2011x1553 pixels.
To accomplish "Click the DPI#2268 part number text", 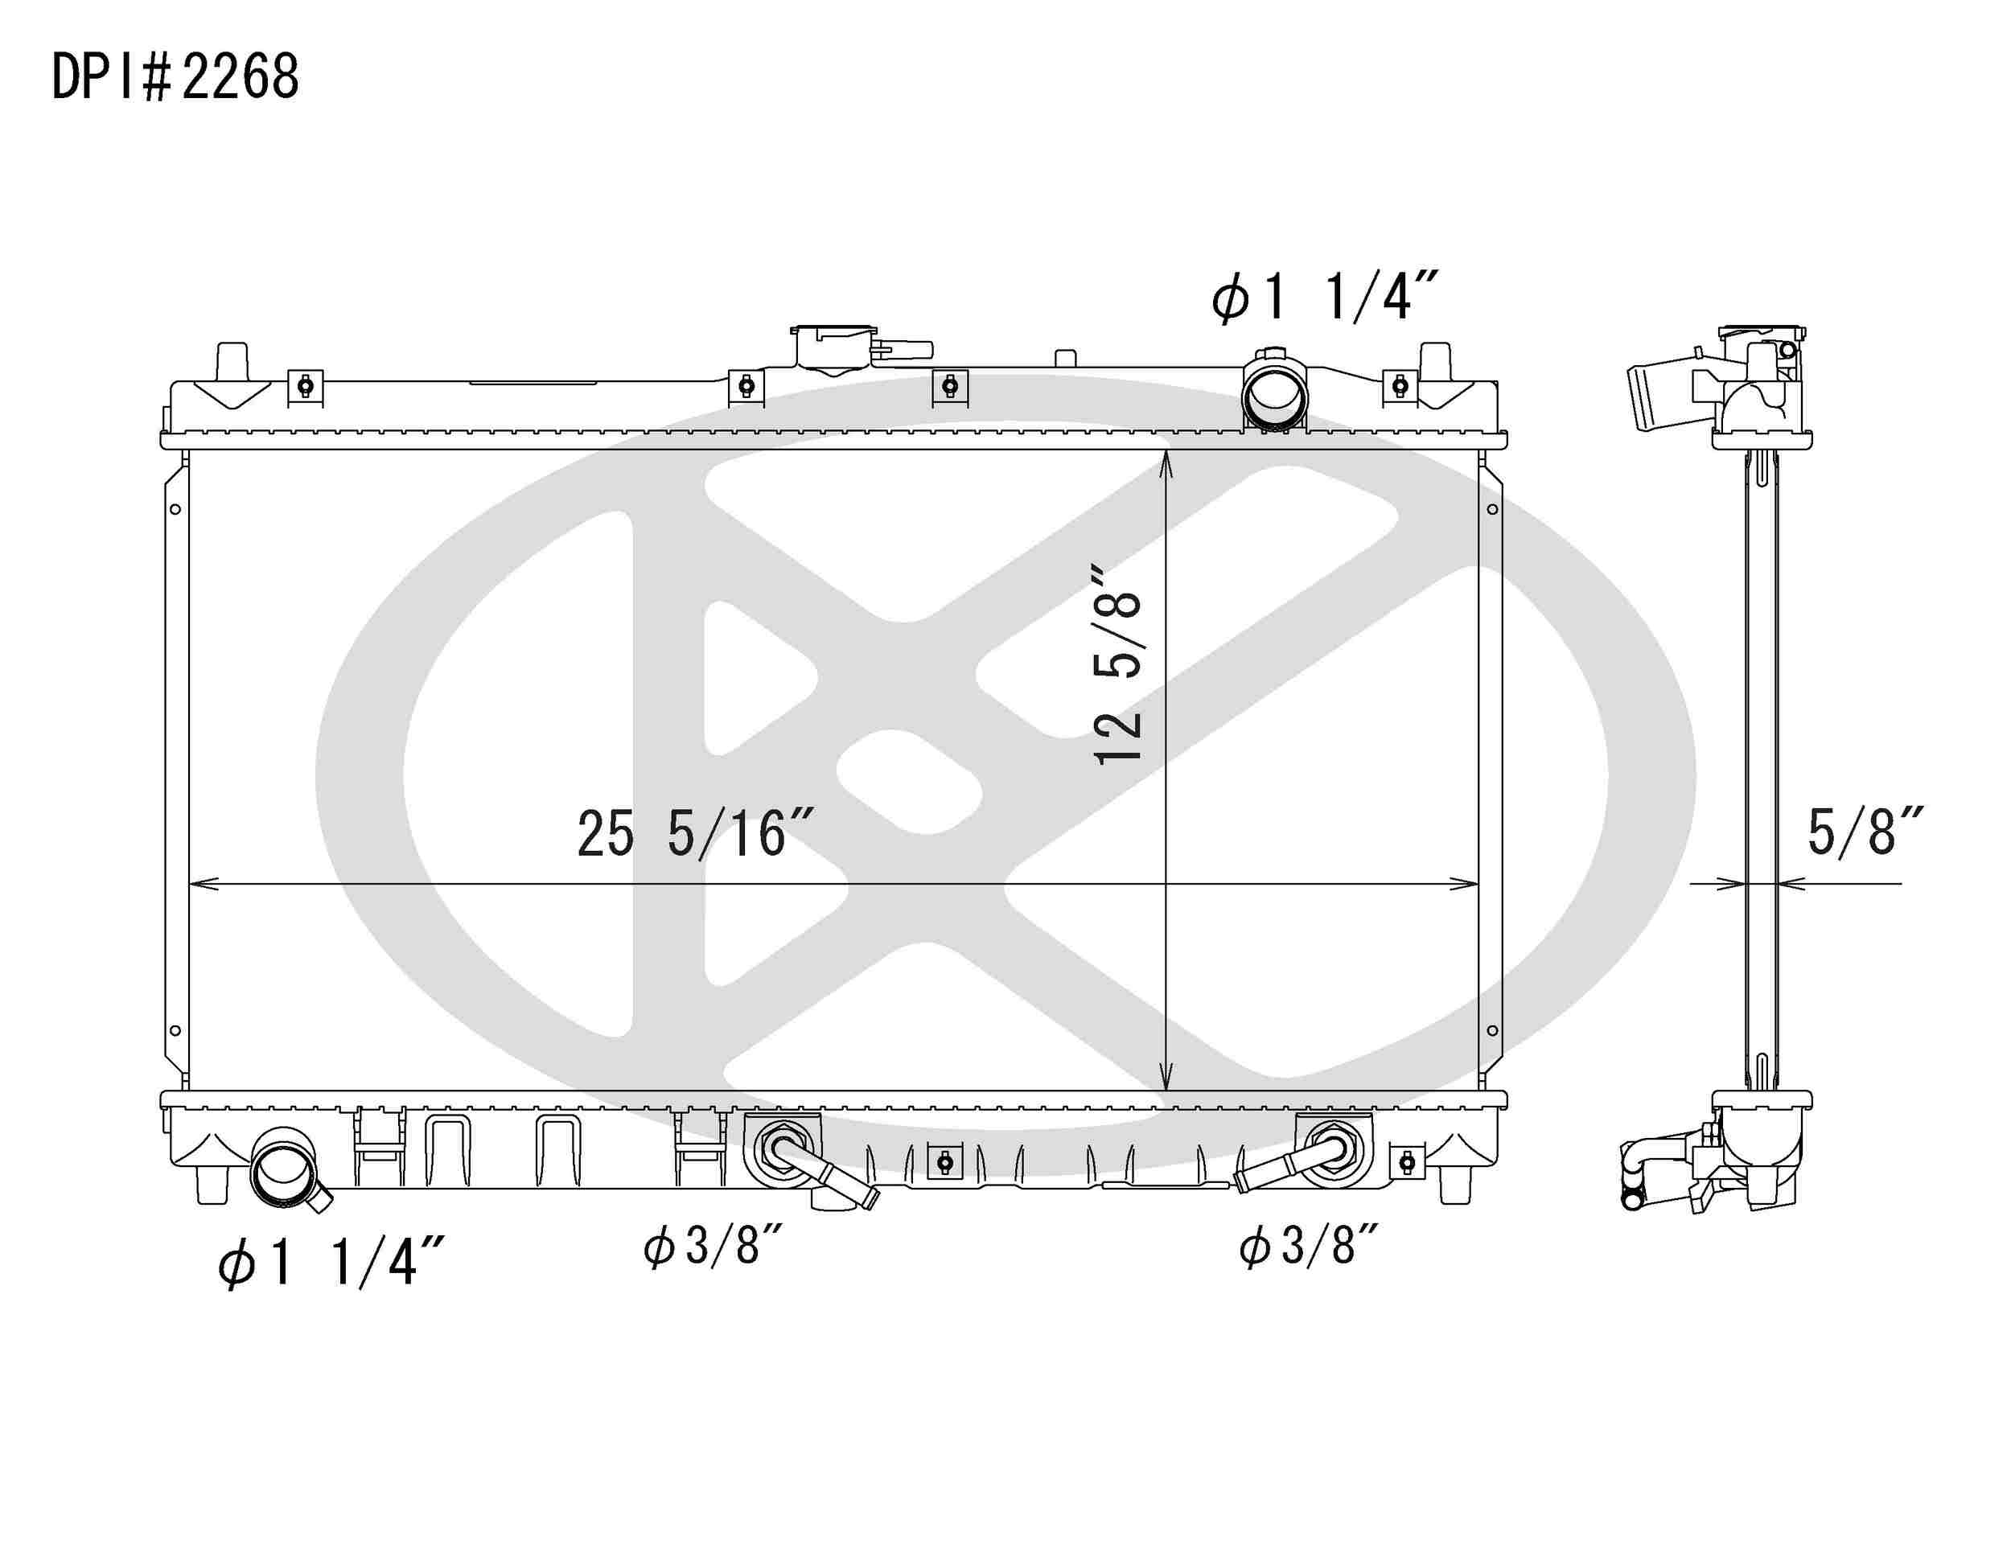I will (175, 77).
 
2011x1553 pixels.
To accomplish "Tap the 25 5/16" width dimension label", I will (695, 834).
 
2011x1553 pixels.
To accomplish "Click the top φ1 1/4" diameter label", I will (1323, 298).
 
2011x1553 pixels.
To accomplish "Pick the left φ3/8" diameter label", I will (713, 1247).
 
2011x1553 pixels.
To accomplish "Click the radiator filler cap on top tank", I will (833, 348).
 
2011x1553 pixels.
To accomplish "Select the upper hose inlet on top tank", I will (1274, 394).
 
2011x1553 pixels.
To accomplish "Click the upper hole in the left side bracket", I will (175, 509).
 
